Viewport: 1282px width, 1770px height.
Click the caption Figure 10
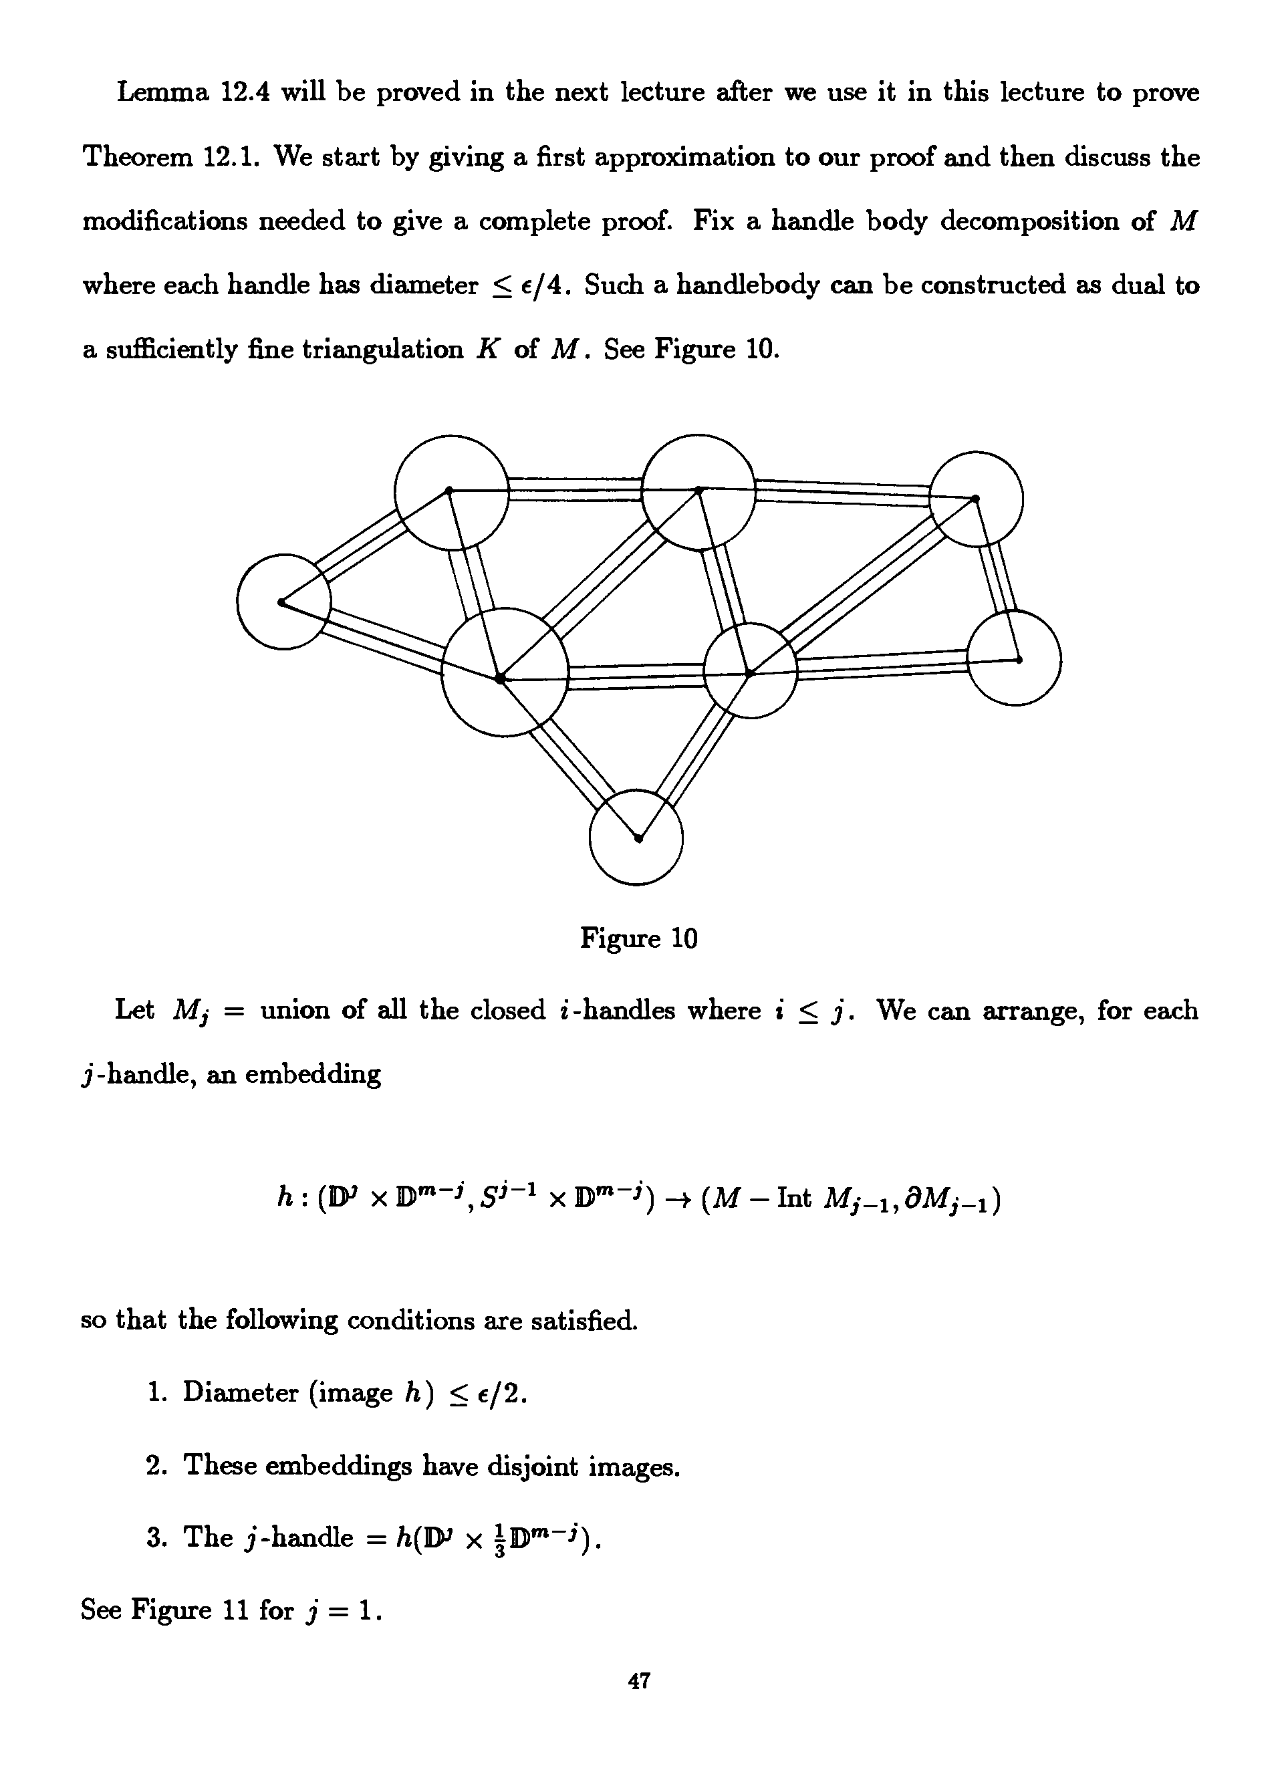tap(638, 937)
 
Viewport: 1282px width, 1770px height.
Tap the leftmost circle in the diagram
tap(284, 602)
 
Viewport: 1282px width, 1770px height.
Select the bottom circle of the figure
tap(636, 838)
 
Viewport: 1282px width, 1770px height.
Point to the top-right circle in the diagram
tap(976, 499)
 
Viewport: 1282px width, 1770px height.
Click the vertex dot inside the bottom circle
tap(638, 839)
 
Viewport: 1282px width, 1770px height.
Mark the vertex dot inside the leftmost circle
tap(281, 602)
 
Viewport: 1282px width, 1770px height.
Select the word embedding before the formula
tap(313, 1075)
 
